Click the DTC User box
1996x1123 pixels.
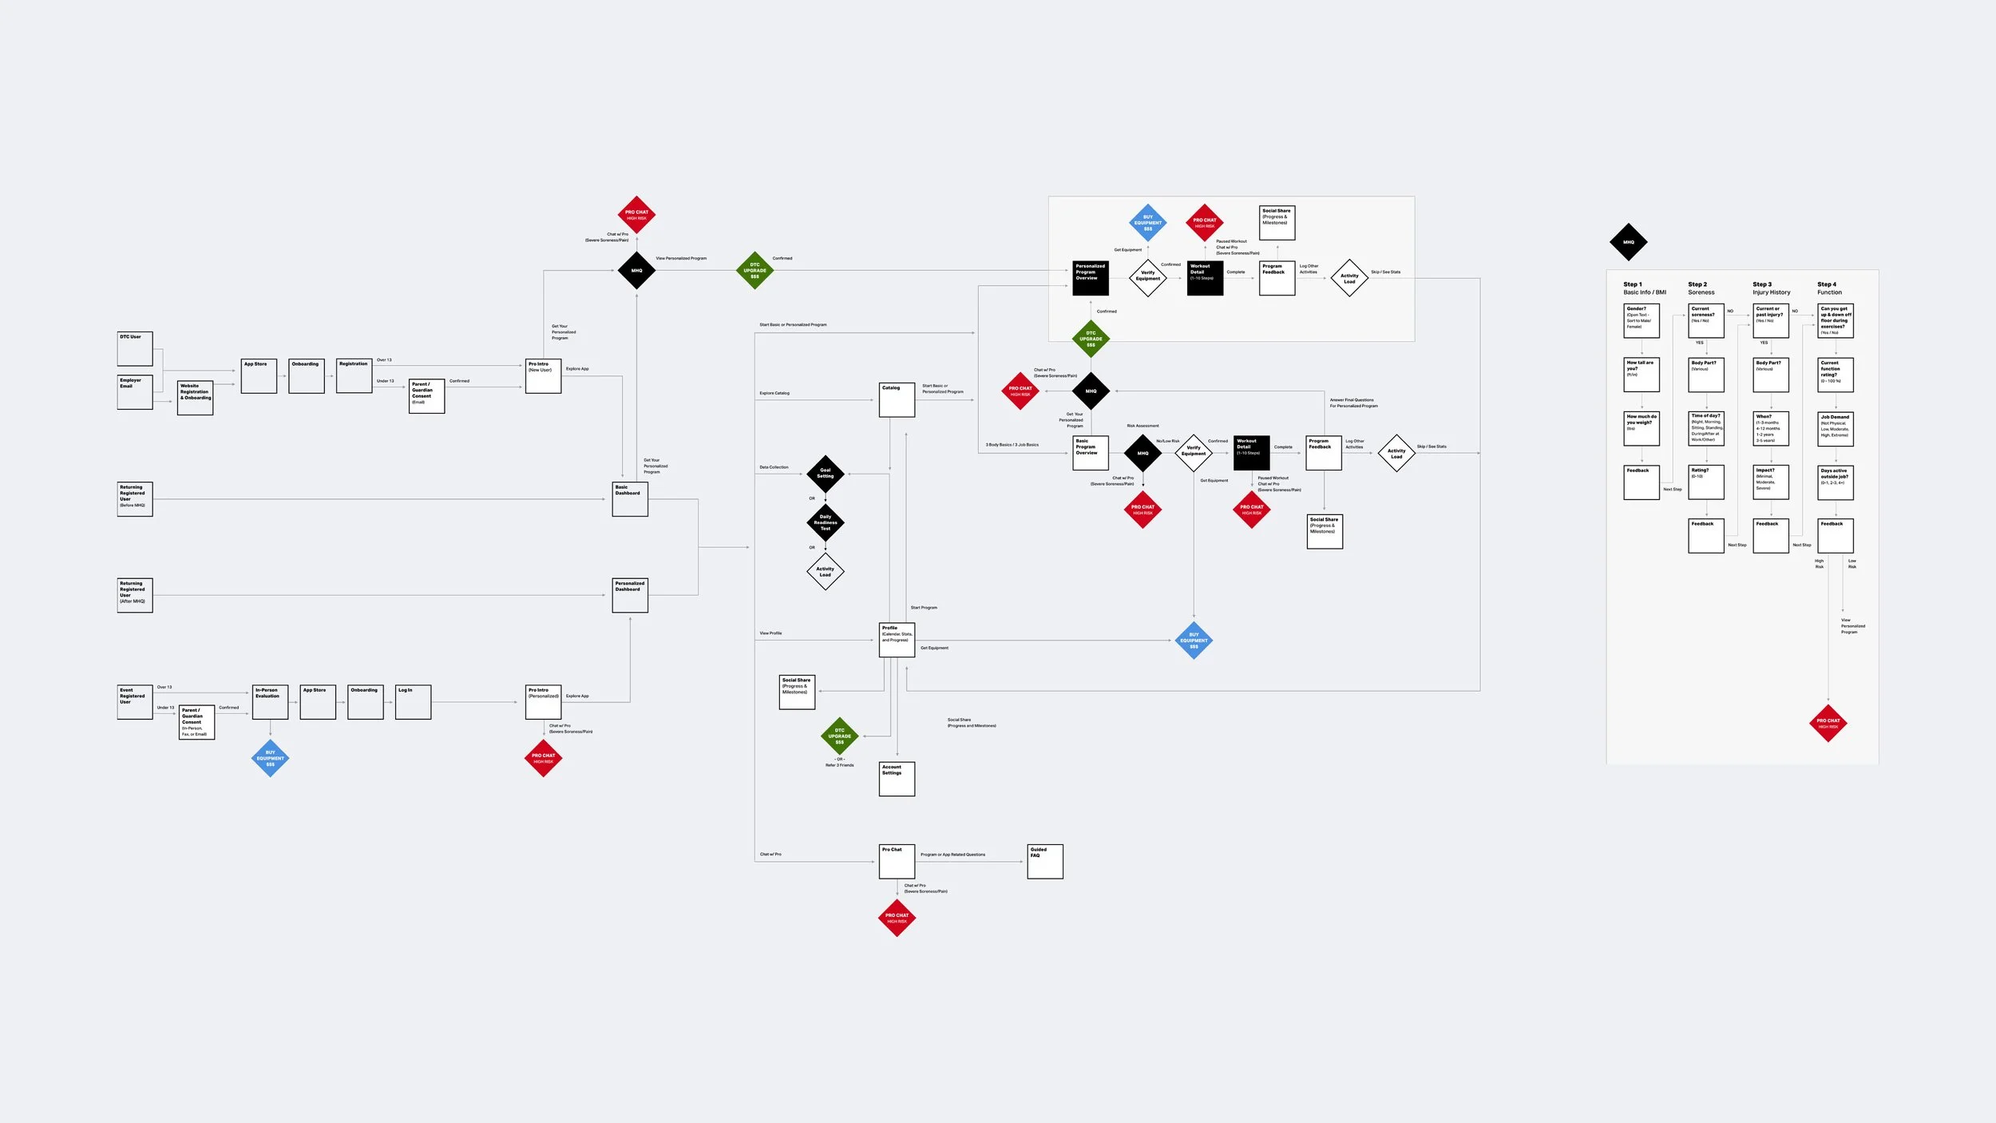(135, 349)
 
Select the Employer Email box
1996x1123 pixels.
(135, 392)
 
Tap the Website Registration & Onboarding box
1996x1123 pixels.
(195, 398)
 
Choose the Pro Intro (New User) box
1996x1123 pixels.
(543, 376)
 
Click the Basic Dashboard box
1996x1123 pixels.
(630, 499)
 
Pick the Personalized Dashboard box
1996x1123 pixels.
(630, 596)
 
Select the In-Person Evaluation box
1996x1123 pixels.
(270, 702)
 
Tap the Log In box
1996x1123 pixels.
(413, 702)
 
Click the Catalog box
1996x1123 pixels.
(897, 400)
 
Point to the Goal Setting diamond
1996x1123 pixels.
(826, 474)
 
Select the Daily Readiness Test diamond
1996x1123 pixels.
(826, 522)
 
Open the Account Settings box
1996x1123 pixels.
(897, 779)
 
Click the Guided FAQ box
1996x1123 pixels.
(1045, 862)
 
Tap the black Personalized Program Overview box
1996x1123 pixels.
(1091, 278)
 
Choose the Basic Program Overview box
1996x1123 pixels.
(1091, 453)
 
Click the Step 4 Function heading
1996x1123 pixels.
(1829, 288)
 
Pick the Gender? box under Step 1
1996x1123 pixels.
(1642, 320)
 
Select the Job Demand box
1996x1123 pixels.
(1836, 429)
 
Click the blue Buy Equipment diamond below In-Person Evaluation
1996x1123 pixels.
(270, 759)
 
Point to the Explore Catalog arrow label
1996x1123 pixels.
(774, 393)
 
